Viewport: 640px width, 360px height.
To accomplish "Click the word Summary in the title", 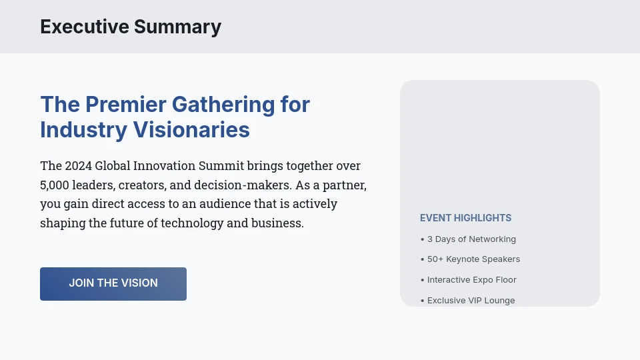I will click(177, 27).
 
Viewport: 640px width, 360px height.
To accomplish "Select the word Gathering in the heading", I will click(223, 105).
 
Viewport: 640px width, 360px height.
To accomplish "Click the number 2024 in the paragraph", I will click(78, 165).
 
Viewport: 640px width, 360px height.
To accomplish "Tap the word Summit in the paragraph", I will click(223, 165).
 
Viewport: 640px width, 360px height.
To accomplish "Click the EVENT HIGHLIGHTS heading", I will click(465, 218).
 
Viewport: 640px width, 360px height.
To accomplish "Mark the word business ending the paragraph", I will click(277, 223).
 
